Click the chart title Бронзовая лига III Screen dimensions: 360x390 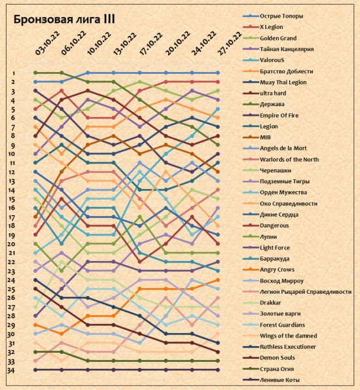[x=64, y=20]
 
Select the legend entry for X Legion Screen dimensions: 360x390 [x=272, y=27]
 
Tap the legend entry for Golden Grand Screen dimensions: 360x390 [x=278, y=39]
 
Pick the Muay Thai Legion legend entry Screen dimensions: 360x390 [x=283, y=82]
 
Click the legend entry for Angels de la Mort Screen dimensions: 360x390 [x=283, y=149]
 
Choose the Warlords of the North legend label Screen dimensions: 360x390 [x=289, y=160]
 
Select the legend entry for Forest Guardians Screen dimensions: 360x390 [x=282, y=325]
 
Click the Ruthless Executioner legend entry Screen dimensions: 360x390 [x=288, y=347]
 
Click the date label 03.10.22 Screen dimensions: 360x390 [x=48, y=43]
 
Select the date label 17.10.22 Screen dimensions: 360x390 [x=151, y=43]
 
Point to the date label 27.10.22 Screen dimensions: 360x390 [x=230, y=43]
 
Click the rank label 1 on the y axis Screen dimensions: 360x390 [x=14, y=73]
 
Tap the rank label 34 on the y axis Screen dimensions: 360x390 [x=10, y=370]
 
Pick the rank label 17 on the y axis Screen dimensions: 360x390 [x=11, y=218]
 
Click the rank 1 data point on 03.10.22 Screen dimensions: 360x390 [x=35, y=73]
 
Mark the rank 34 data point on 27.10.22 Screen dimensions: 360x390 [x=218, y=370]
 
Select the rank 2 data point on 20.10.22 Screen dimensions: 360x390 [x=166, y=82]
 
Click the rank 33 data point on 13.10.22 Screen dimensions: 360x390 [x=114, y=361]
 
